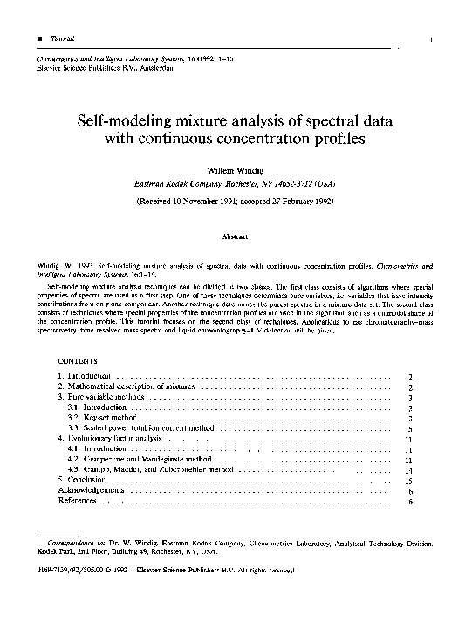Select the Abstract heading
pyautogui.click(x=236, y=236)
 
